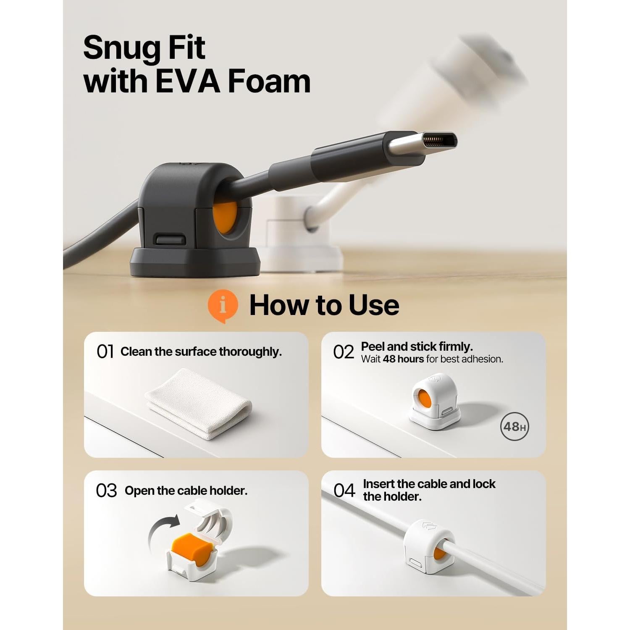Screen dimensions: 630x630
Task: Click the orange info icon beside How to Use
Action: click(223, 305)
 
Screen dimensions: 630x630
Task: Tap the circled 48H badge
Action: click(514, 427)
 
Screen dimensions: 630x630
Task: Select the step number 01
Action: click(105, 352)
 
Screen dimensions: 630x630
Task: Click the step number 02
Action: click(344, 352)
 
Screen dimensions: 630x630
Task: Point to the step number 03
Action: click(106, 491)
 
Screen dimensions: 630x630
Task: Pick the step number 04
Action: click(344, 490)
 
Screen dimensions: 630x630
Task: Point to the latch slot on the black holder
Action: click(171, 239)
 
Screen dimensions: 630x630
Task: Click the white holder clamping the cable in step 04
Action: click(428, 546)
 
